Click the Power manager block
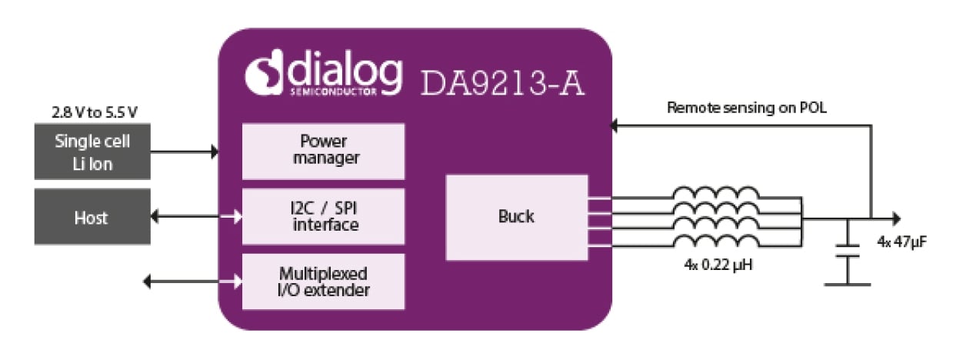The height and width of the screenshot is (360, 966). (323, 151)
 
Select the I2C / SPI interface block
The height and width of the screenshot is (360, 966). (323, 216)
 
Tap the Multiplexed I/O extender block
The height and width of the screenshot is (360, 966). (323, 282)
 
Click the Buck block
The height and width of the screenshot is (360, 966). (516, 217)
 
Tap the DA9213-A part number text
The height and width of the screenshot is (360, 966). (502, 82)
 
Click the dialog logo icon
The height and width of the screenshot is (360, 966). (264, 73)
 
